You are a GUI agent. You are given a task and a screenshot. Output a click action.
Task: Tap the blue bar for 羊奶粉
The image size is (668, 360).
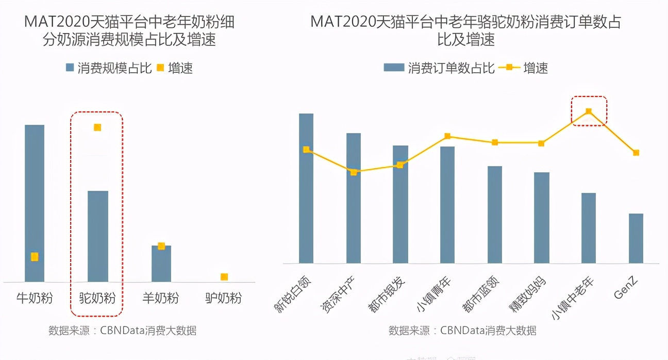[x=161, y=264]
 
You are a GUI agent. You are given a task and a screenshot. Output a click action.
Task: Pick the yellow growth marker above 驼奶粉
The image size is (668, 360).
[x=97, y=127]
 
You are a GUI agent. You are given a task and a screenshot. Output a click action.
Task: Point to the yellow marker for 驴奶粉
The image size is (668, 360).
[x=224, y=277]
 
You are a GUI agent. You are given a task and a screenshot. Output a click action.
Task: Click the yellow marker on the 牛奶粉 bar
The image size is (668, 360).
[x=35, y=257]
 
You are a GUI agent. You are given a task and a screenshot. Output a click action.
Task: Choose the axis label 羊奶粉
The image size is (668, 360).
[x=161, y=298]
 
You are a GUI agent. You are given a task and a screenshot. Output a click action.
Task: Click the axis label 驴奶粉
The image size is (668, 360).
[x=224, y=298]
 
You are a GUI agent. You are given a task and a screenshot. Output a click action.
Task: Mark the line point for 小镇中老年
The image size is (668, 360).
[x=589, y=111]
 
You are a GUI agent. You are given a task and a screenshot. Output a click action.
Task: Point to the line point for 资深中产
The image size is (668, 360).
[x=354, y=172]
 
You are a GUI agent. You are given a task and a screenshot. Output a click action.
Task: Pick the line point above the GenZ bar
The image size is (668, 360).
[x=636, y=153]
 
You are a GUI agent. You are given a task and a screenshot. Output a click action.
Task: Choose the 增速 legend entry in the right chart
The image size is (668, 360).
[x=524, y=68]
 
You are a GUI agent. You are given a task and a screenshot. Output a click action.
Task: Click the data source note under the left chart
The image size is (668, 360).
[x=123, y=331]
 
